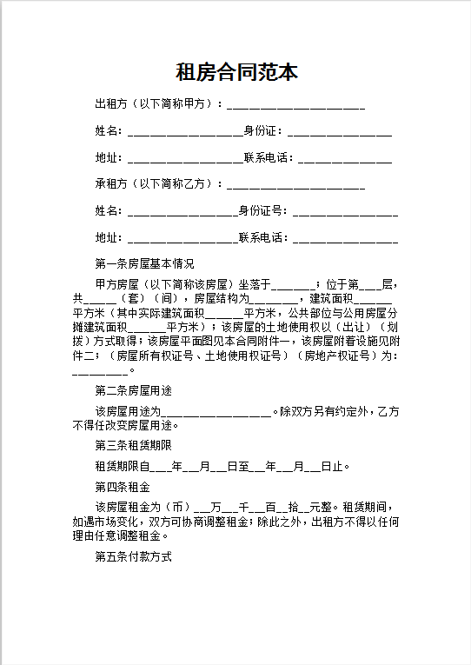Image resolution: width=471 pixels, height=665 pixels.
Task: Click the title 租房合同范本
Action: point(235,72)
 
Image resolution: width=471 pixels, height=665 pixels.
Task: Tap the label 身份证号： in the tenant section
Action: point(264,210)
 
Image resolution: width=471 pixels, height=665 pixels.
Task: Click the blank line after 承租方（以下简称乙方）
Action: point(295,185)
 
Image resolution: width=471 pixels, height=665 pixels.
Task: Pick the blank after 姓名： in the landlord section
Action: point(184,133)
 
